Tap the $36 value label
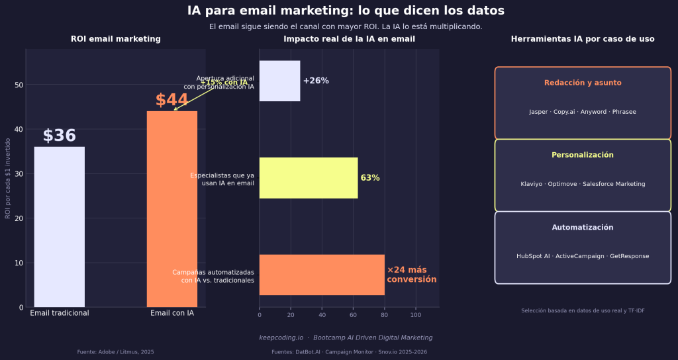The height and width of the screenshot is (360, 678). tap(59, 136)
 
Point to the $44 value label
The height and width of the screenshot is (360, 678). tap(171, 100)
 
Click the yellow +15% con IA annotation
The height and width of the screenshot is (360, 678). tap(224, 82)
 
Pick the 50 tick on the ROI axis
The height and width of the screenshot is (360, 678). tap(19, 85)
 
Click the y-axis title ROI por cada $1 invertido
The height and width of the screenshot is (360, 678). tap(8, 179)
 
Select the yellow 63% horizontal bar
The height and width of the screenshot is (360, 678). tap(308, 178)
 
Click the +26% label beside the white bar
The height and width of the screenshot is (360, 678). tap(316, 81)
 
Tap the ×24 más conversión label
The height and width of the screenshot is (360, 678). tap(411, 275)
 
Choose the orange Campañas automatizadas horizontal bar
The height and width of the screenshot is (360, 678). tap(321, 275)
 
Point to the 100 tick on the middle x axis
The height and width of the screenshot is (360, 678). tap(416, 315)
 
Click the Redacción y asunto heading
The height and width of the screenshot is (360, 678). tap(583, 83)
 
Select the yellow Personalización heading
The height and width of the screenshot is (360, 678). tap(583, 155)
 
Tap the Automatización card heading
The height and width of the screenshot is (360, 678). tap(583, 227)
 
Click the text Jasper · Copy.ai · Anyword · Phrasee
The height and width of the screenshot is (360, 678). tap(583, 112)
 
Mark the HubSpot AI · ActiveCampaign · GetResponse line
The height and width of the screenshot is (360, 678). tap(583, 256)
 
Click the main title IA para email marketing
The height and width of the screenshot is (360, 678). tap(346, 11)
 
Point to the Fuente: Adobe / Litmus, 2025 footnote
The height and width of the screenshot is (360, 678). tap(115, 352)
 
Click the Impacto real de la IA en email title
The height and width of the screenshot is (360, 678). tap(349, 39)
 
